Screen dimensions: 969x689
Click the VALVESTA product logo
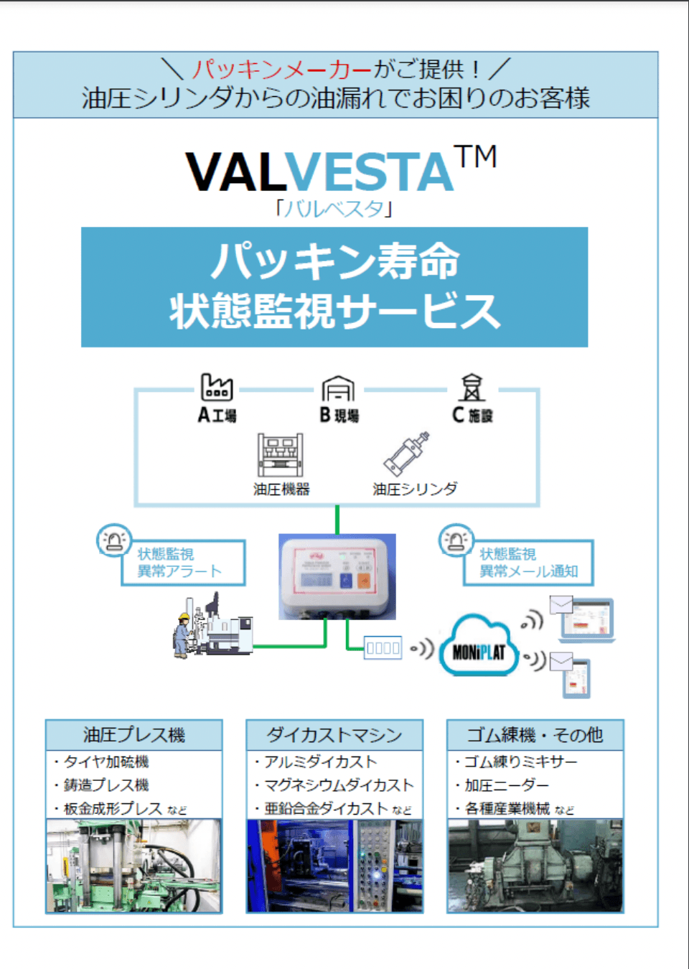(320, 172)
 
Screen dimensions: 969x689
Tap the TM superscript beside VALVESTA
(475, 156)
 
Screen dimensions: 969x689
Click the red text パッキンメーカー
(282, 70)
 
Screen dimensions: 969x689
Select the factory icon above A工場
(217, 387)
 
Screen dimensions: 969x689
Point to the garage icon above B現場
(338, 388)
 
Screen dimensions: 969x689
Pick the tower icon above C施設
(472, 388)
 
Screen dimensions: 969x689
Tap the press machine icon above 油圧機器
(281, 455)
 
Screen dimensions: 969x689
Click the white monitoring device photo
(337, 576)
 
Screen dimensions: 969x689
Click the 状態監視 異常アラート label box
(183, 563)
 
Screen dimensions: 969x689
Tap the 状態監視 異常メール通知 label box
(528, 563)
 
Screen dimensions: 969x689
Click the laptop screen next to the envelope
(586, 619)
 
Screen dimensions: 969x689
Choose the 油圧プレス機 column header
(134, 735)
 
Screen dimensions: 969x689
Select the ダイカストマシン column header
(334, 735)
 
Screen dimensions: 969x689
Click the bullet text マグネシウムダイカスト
(339, 785)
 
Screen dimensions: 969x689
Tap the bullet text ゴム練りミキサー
(520, 762)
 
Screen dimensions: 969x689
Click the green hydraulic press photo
(134, 866)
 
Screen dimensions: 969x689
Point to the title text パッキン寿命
(334, 261)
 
